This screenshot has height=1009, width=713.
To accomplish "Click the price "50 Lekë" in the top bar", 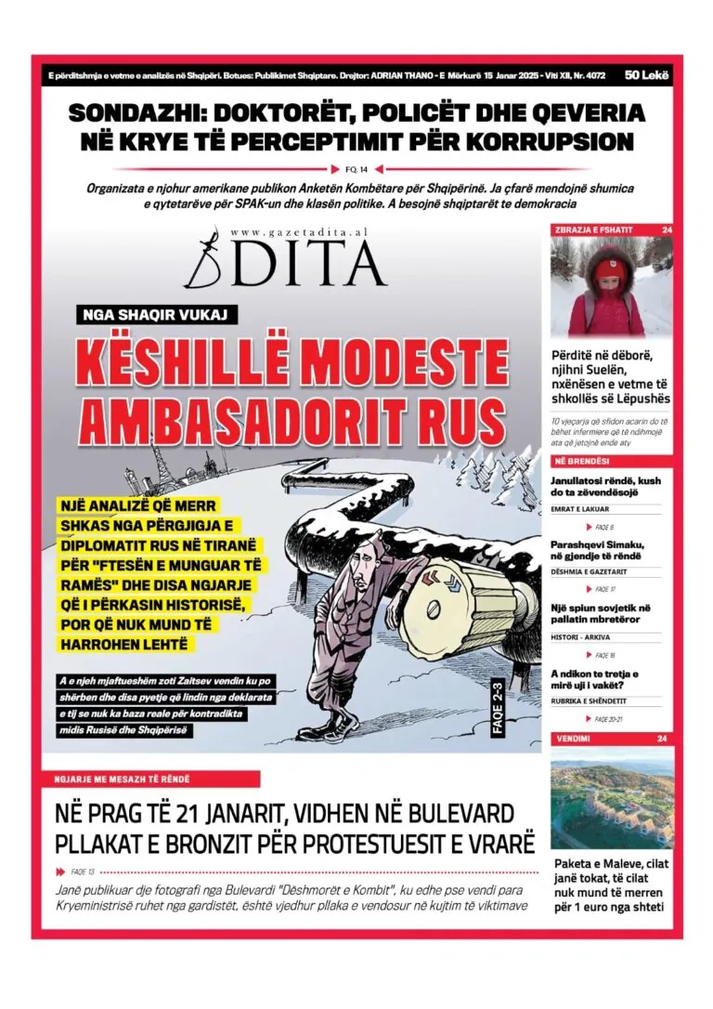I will point(646,74).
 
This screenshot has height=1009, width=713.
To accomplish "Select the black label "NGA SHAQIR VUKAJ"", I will point(157,314).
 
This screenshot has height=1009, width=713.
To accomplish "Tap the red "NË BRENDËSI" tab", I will point(583,461).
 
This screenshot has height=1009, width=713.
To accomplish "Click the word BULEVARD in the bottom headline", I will point(451,815).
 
